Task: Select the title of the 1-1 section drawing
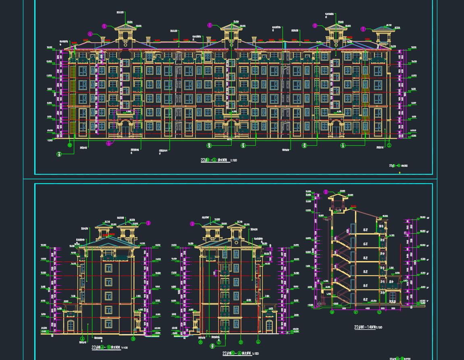point(368,327)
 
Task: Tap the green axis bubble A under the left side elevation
point(83,339)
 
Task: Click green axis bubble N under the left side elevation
point(134,339)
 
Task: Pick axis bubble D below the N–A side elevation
point(241,342)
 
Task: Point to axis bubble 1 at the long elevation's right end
point(389,145)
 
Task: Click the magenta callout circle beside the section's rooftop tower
point(326,193)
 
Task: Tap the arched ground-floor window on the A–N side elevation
point(71,325)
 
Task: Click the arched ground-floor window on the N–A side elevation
point(269,325)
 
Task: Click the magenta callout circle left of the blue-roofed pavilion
point(363,29)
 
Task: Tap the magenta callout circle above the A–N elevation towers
point(148,223)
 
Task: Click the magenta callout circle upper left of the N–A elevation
point(192,224)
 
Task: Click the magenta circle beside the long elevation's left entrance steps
point(109,143)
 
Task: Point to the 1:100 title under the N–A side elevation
point(241,354)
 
